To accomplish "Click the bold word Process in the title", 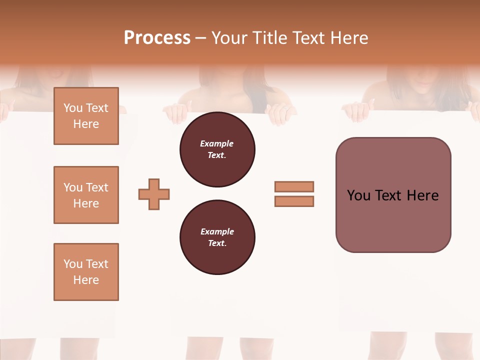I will [157, 38].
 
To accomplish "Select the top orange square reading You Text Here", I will [86, 116].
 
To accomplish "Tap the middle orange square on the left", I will [86, 195].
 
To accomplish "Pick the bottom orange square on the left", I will [86, 272].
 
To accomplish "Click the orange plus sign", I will [154, 194].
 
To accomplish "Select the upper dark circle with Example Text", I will [217, 149].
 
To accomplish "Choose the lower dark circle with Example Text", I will [217, 237].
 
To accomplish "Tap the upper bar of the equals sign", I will [294, 186].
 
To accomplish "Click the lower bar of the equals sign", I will [294, 201].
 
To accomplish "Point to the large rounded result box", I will [393, 194].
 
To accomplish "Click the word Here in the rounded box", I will [422, 195].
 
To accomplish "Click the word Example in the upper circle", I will [217, 143].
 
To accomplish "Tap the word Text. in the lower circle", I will [217, 243].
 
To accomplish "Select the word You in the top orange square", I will [73, 108].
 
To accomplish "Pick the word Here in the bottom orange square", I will [86, 280].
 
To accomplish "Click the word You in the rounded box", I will [358, 195].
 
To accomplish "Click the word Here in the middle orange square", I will [86, 203].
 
